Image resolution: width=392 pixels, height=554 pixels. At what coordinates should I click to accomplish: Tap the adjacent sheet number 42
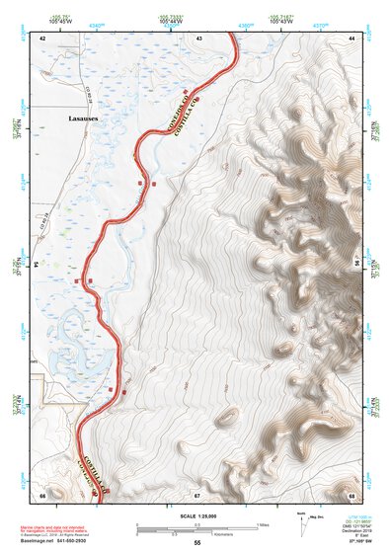42,37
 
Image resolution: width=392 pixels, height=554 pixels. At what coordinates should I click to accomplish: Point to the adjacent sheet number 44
352,37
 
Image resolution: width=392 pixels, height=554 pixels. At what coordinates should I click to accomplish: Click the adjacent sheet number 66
42,493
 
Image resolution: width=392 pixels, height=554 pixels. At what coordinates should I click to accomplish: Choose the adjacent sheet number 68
352,493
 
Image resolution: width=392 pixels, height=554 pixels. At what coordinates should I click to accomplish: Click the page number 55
196,543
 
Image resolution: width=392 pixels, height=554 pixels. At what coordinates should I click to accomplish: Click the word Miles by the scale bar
263,524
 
